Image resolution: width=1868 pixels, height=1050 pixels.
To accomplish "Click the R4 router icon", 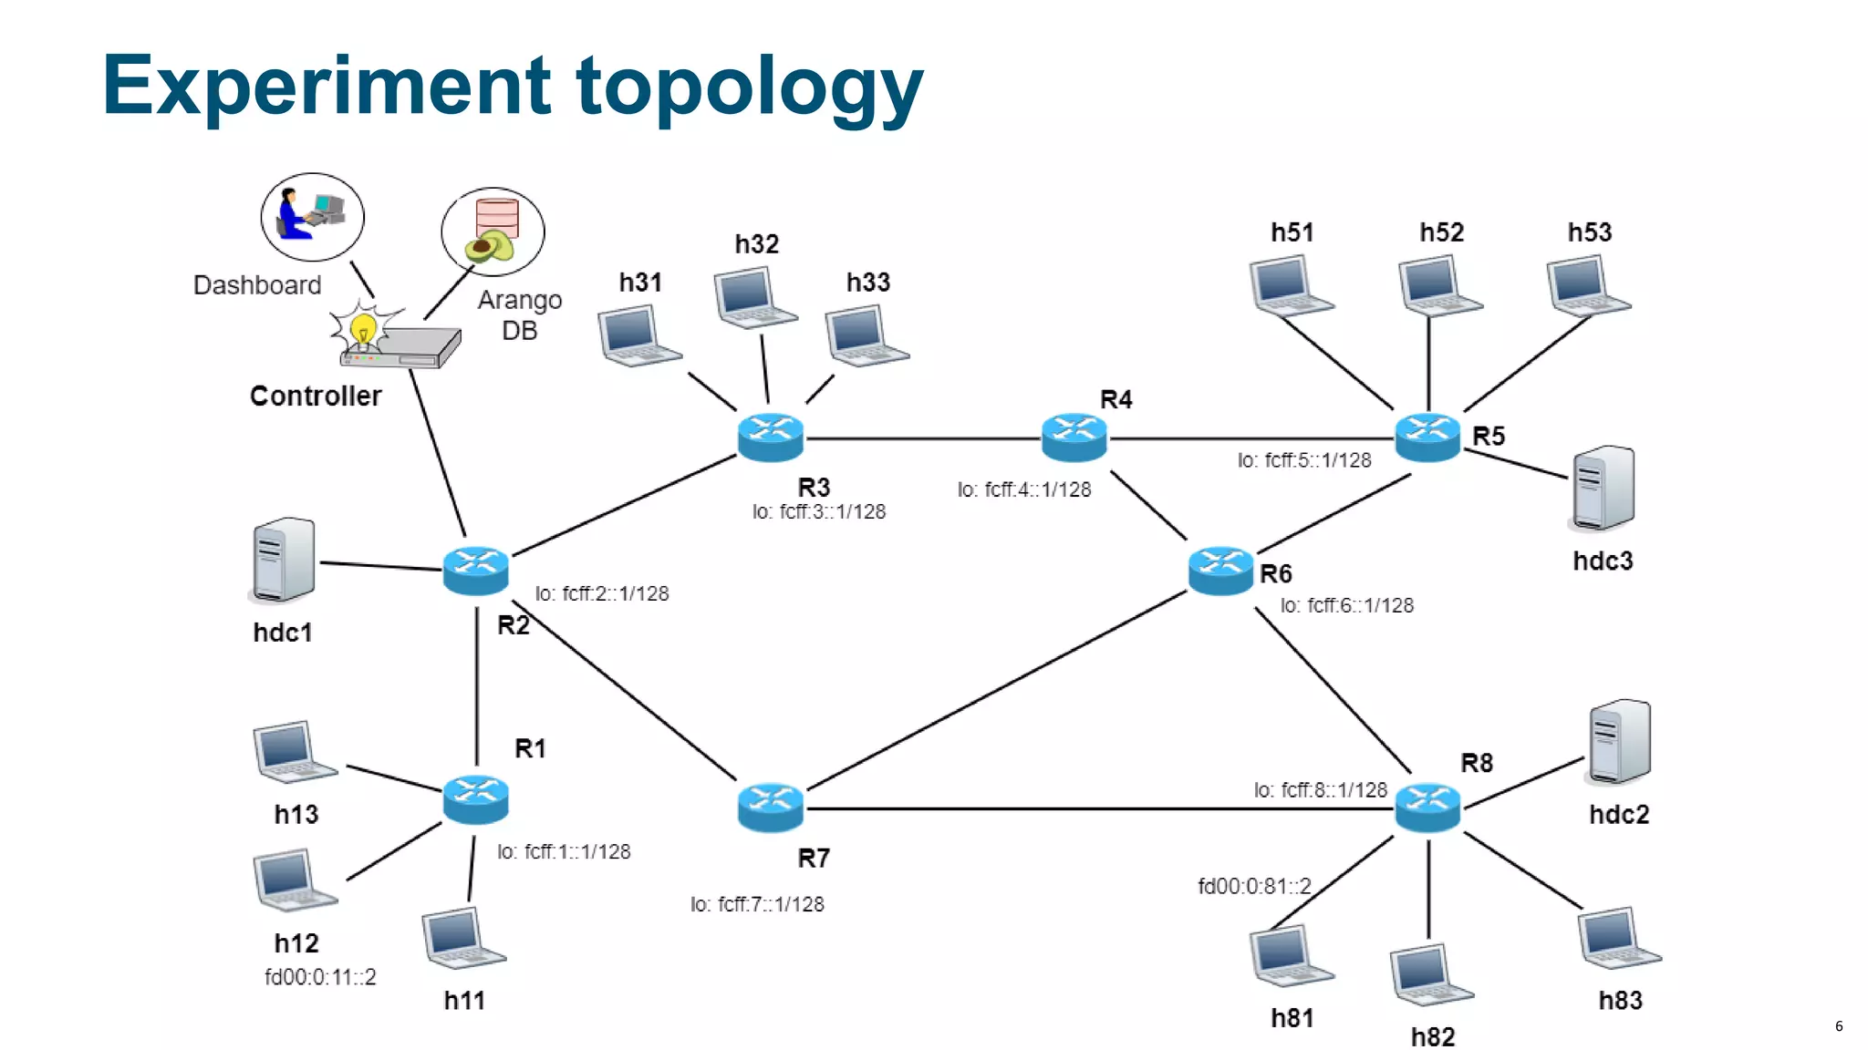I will (1074, 437).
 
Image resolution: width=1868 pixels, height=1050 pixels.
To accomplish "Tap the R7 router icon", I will (770, 808).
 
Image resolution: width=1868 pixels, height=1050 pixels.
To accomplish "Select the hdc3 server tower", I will (1603, 489).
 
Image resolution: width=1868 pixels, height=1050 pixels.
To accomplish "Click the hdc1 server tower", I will (283, 560).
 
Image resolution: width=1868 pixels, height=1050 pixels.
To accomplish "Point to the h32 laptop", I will (754, 297).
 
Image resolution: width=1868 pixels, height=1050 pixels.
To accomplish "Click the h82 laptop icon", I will (1430, 975).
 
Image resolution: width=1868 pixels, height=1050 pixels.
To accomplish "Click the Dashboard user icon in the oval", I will (312, 217).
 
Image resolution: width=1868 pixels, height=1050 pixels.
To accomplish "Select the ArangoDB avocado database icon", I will (493, 232).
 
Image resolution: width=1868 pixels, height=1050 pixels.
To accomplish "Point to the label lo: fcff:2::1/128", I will (602, 593).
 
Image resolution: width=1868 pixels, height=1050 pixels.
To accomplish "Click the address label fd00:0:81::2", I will (1254, 886).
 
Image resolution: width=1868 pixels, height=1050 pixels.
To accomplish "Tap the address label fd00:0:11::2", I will (320, 977).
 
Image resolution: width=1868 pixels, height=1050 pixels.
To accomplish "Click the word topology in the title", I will (749, 87).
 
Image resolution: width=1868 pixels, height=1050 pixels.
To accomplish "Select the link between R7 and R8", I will (1095, 808).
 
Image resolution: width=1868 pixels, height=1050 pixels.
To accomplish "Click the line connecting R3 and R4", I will (921, 438).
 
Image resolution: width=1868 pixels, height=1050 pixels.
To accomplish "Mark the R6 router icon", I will (1220, 571).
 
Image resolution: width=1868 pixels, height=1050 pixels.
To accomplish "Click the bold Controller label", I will (316, 396).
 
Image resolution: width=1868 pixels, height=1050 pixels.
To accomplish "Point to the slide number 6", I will (1839, 1026).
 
